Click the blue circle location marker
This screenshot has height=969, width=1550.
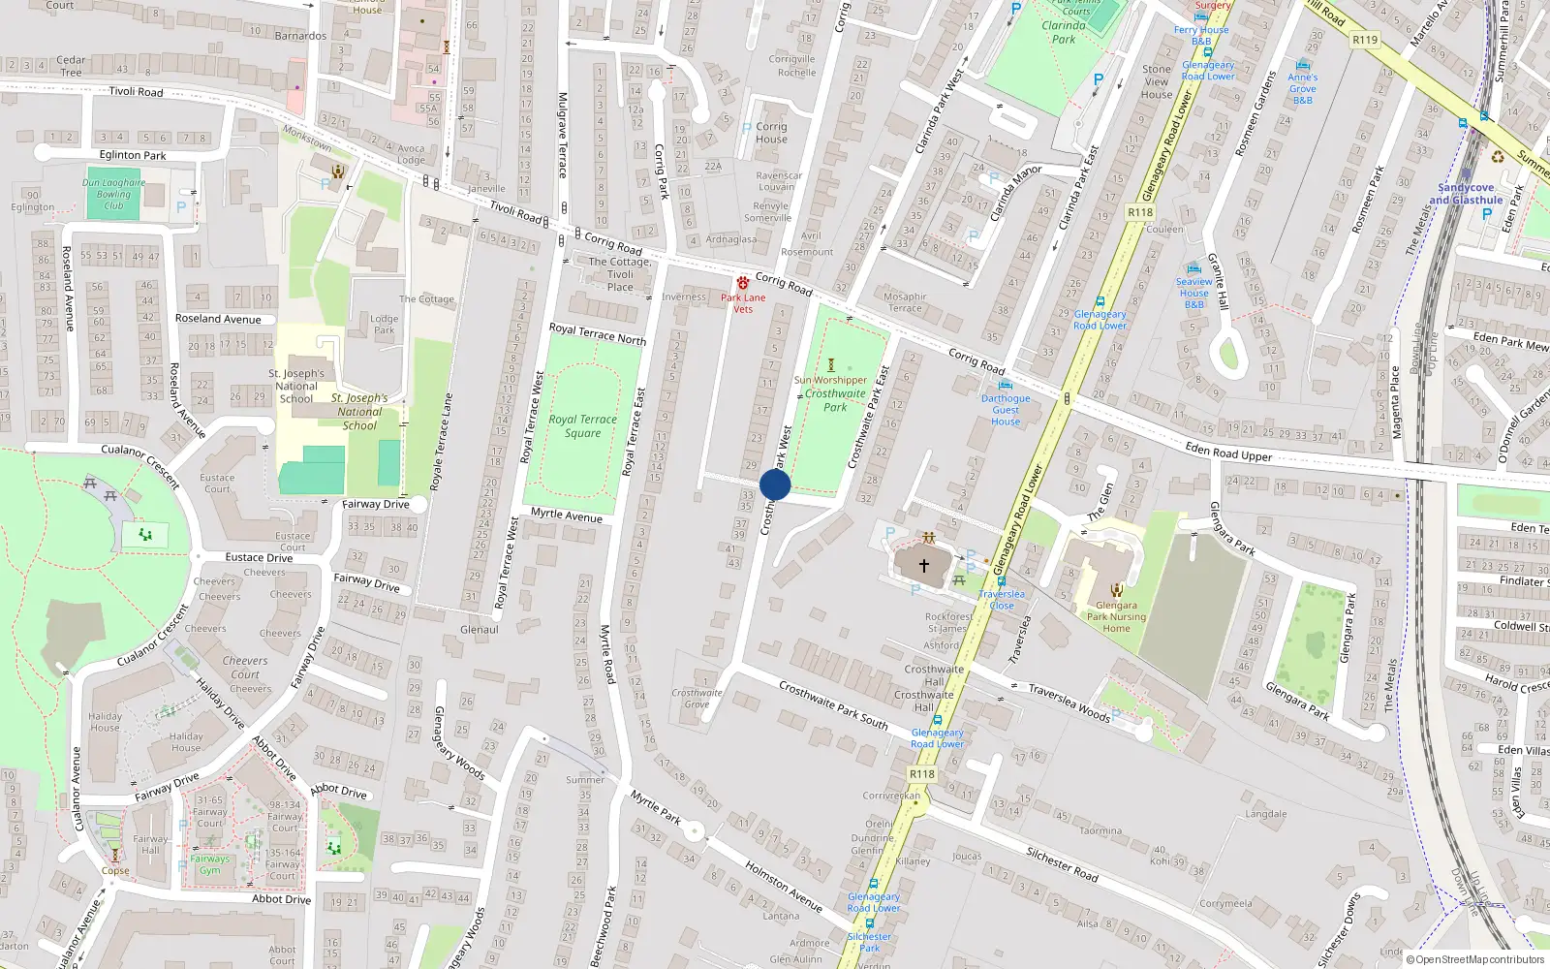point(775,484)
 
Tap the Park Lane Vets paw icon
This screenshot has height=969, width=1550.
point(743,283)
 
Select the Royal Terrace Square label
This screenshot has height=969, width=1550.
point(582,426)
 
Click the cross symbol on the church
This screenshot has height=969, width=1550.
point(924,566)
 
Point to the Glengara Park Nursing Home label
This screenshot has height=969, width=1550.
point(1116,616)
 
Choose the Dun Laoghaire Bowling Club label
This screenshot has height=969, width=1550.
point(113,194)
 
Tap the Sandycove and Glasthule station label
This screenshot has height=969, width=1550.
point(1466,194)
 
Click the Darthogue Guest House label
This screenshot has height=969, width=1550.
point(1006,410)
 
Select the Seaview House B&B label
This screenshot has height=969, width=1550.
point(1194,293)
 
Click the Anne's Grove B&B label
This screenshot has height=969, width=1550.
point(1303,88)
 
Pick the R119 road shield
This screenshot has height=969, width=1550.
point(1364,40)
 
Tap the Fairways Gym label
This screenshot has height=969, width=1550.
point(210,864)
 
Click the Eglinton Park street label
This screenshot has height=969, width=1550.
point(133,155)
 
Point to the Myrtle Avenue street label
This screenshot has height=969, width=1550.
point(567,515)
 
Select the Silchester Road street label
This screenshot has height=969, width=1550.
point(1062,862)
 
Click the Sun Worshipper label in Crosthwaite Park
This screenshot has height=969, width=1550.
point(830,380)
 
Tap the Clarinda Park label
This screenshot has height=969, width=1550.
point(1064,32)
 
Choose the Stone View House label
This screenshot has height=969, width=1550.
point(1157,81)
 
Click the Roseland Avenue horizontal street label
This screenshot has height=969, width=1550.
point(218,319)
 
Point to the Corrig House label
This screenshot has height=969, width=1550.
point(771,133)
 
